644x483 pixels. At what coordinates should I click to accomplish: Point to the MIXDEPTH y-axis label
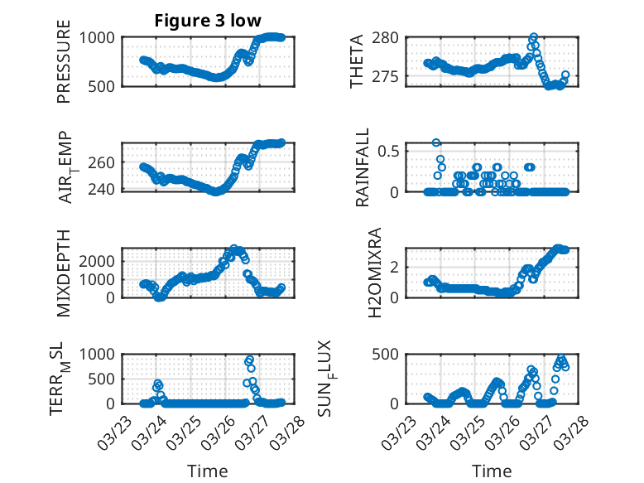[x=64, y=273]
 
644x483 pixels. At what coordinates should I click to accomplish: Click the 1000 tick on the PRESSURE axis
[x=99, y=38]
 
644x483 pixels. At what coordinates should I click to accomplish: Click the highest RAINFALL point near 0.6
[x=436, y=142]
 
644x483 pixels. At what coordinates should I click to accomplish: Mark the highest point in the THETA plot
[x=534, y=37]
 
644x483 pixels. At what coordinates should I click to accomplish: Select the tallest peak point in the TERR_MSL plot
[x=250, y=360]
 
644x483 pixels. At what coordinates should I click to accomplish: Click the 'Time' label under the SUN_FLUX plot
[x=492, y=471]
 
